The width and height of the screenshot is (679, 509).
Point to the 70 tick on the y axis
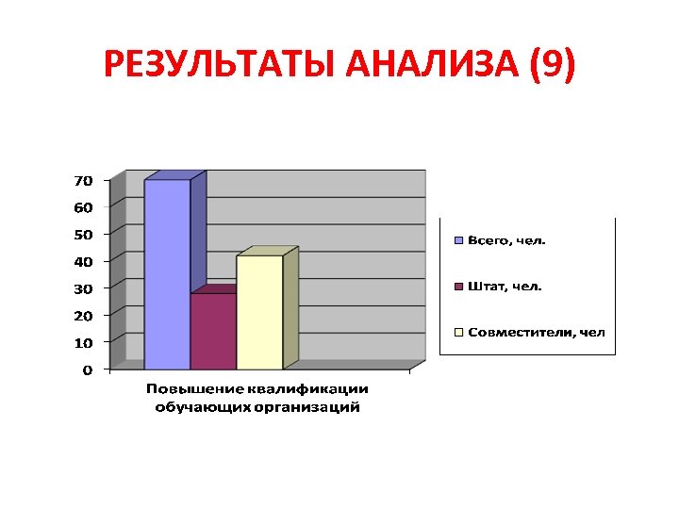coord(83,179)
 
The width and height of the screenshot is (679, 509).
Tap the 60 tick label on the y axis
coord(83,205)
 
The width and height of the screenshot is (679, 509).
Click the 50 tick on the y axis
coord(83,233)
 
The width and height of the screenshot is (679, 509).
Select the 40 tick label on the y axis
coord(83,260)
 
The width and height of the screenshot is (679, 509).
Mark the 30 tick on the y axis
coord(83,287)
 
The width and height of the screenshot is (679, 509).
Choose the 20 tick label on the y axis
coord(83,314)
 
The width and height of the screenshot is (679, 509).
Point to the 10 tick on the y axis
coord(83,341)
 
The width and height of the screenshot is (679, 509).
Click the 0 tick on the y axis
coord(87,369)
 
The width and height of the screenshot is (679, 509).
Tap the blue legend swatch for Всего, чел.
coord(459,240)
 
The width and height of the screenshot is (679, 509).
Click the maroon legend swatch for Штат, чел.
coord(459,286)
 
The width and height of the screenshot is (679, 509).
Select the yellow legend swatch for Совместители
coord(459,332)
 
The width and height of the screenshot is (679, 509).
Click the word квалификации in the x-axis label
coord(308,389)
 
